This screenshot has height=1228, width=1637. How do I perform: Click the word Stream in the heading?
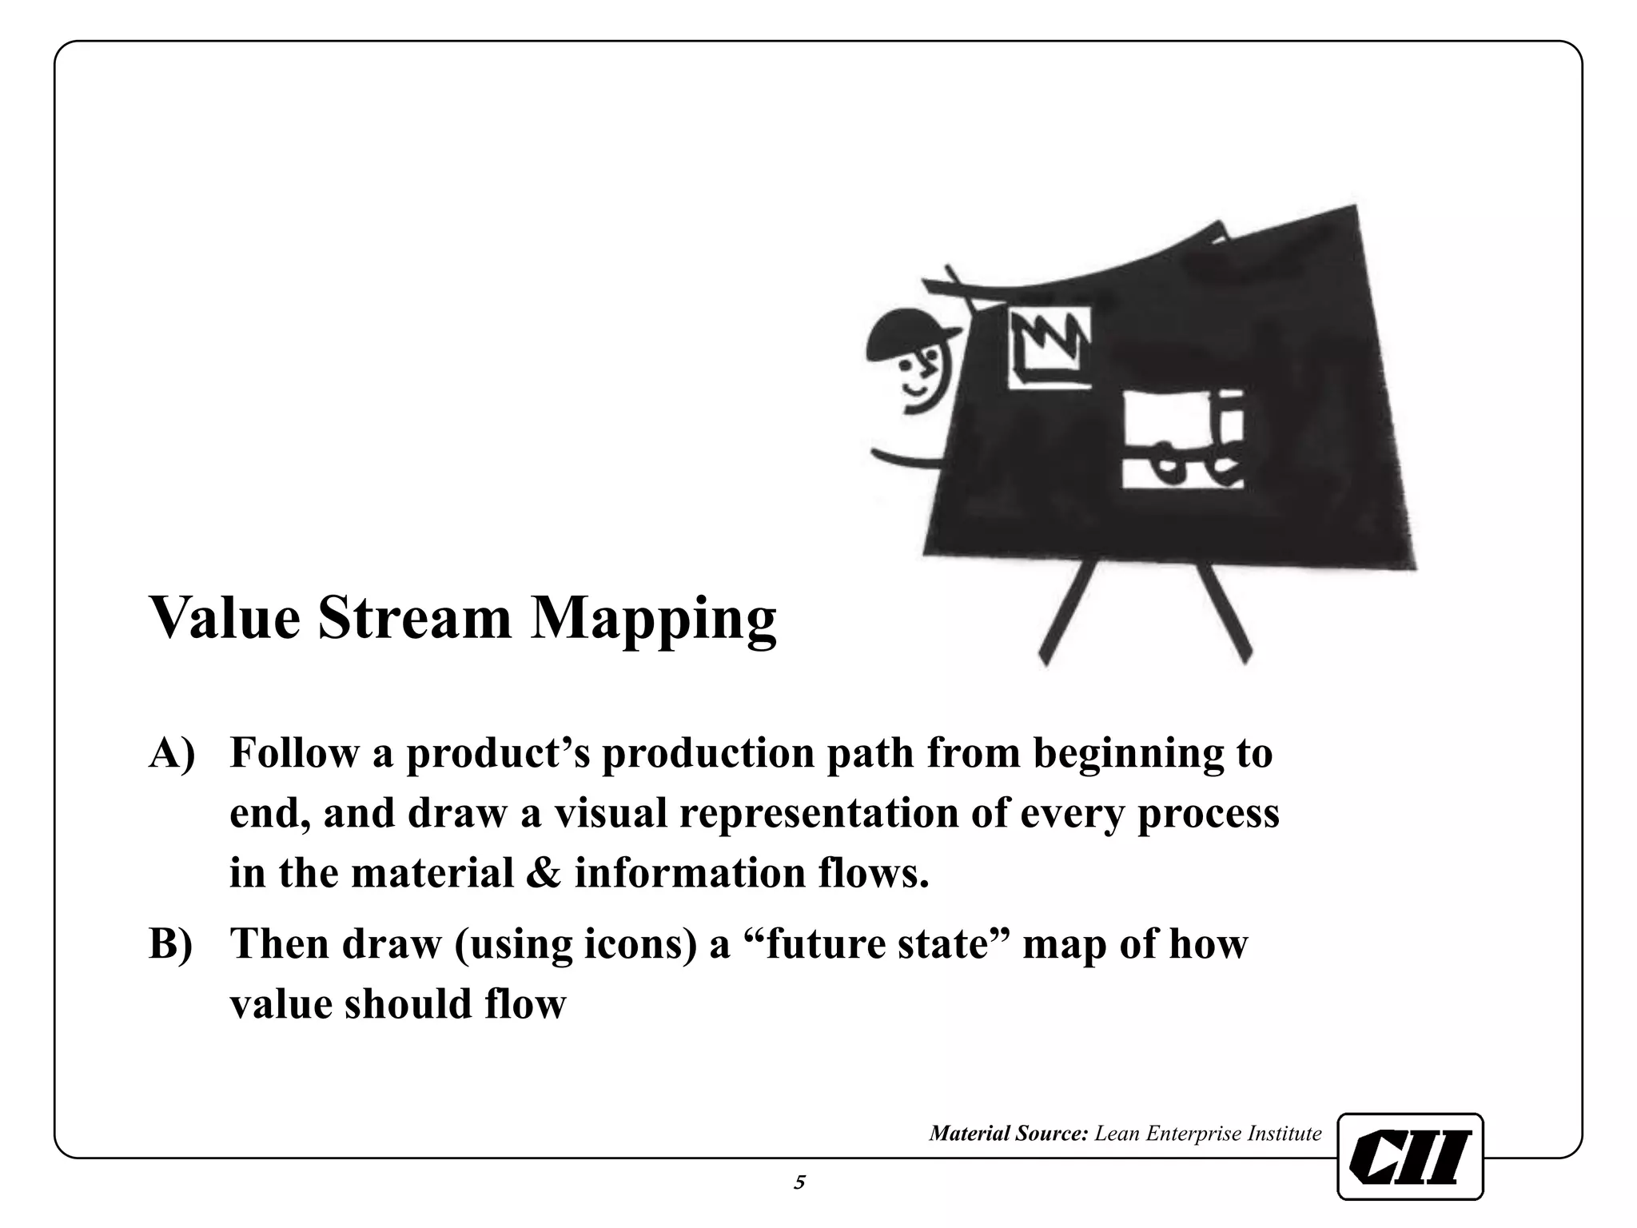coord(414,618)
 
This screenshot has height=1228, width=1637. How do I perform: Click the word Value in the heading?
coord(225,618)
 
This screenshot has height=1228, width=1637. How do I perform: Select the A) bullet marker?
coord(172,754)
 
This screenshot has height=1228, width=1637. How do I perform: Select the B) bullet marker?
coord(171,944)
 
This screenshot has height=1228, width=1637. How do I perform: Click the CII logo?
coord(1410,1156)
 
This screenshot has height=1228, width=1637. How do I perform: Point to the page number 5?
coord(799,1182)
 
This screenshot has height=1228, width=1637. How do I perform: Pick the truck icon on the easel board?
coord(1183,440)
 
